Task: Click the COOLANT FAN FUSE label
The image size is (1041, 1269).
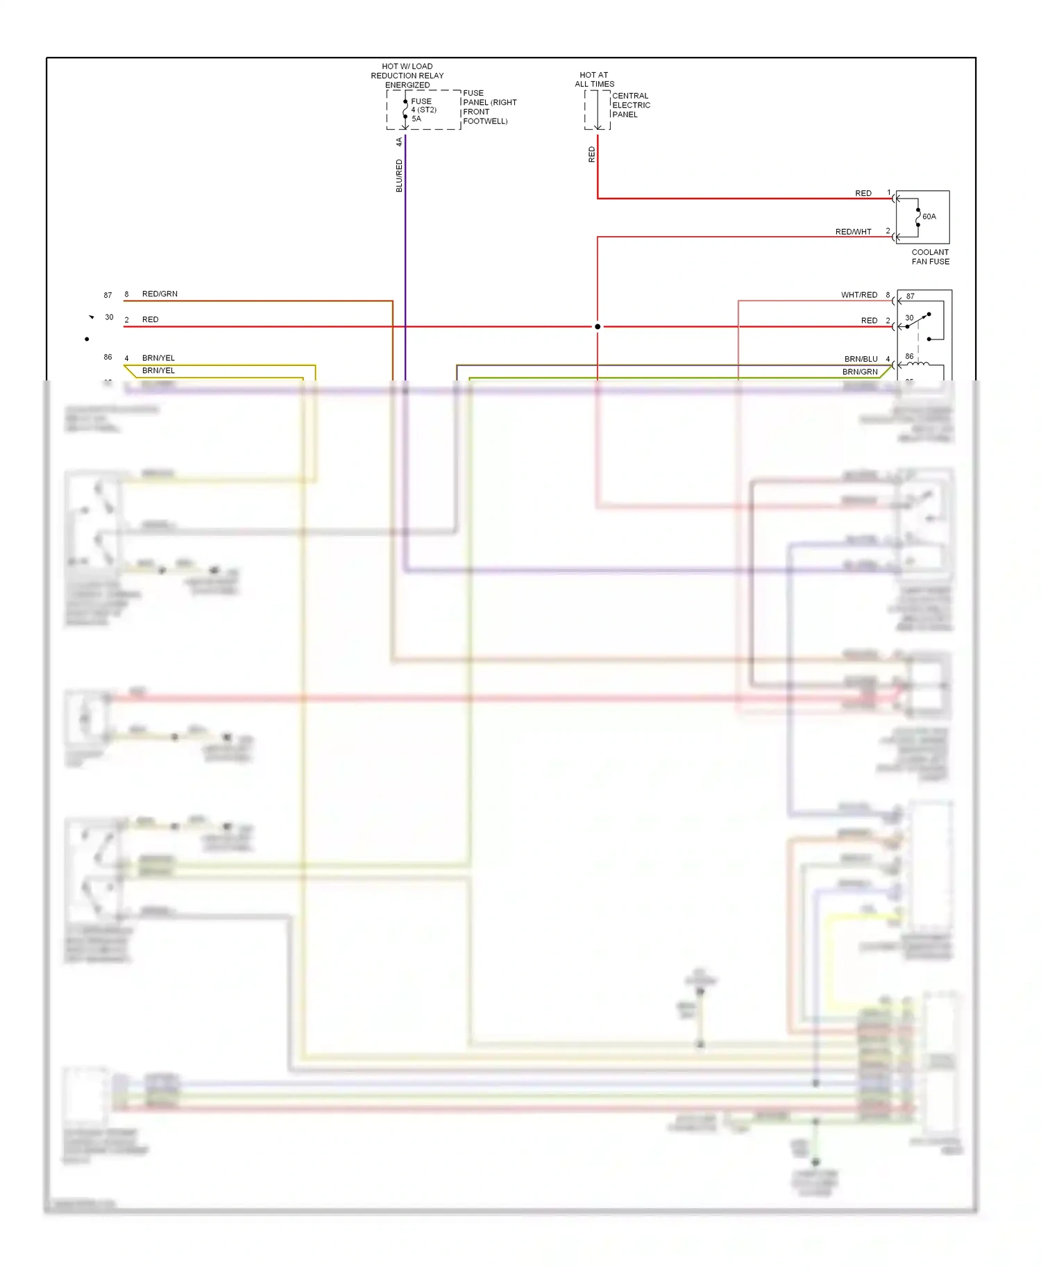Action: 930,257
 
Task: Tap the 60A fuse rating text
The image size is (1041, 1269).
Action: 929,217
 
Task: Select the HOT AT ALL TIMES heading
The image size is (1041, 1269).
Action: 594,79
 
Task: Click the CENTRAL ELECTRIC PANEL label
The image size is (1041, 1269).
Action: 631,106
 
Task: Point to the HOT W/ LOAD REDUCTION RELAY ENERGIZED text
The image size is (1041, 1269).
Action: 407,76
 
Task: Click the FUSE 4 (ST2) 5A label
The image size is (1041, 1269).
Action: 423,110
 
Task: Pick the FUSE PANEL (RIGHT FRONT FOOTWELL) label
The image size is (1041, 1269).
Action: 489,107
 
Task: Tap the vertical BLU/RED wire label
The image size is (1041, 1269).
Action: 399,176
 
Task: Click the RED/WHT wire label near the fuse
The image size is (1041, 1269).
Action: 853,232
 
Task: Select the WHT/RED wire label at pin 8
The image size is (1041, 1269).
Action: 859,295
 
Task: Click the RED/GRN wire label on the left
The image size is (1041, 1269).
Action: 160,294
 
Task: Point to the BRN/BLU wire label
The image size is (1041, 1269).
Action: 861,359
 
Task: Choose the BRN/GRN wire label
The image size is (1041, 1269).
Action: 860,372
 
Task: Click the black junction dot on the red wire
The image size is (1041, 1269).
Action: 598,326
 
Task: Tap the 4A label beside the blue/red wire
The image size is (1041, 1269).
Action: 399,142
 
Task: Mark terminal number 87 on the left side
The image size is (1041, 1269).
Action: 108,295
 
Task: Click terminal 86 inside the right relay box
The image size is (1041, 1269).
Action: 909,356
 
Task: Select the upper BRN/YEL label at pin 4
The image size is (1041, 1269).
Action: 158,358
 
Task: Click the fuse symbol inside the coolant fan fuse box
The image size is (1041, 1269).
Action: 917,217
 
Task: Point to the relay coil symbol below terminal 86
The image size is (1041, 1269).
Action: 918,364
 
